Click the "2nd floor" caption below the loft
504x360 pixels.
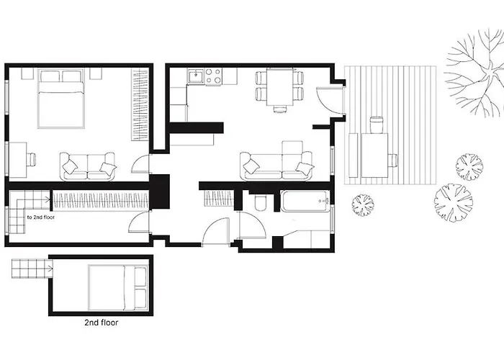tap(102, 323)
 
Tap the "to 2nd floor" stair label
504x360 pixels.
tap(41, 217)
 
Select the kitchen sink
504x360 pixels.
tap(195, 76)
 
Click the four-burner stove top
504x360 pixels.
tap(213, 76)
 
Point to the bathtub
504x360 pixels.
tap(305, 202)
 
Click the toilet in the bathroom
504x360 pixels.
tap(260, 202)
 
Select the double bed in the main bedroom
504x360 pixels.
tap(61, 99)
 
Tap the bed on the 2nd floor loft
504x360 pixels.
tap(117, 288)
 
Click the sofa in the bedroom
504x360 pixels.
tap(87, 166)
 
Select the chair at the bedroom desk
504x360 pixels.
tap(32, 159)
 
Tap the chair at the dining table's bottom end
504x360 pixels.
tap(279, 109)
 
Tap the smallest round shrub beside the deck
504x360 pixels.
tap(363, 204)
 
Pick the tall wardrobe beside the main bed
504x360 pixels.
tap(140, 104)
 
